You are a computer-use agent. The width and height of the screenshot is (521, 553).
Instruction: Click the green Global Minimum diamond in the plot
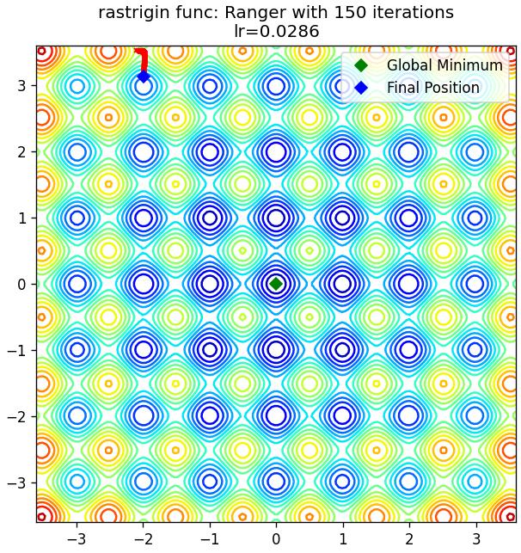click(276, 284)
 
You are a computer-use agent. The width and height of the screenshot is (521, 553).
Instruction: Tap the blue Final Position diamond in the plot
click(144, 77)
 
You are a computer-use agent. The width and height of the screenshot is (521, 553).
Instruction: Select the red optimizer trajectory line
click(143, 61)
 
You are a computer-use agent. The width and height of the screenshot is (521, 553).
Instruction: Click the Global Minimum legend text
click(444, 65)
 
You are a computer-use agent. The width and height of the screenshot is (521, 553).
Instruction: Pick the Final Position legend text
click(433, 88)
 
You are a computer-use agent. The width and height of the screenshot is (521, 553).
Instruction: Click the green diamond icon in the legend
click(361, 65)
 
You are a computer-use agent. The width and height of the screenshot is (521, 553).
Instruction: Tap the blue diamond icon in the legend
click(361, 88)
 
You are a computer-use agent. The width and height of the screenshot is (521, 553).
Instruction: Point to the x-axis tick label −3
click(77, 539)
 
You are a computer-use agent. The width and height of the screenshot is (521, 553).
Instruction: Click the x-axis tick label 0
click(276, 539)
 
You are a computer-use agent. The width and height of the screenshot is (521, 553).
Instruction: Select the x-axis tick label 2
click(408, 539)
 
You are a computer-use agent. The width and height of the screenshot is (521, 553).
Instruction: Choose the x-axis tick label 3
click(475, 539)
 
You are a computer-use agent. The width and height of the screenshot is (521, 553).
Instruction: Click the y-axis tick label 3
click(21, 85)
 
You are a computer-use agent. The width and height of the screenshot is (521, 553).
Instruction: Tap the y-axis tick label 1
click(21, 218)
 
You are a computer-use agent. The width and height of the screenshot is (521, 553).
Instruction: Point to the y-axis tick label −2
click(17, 416)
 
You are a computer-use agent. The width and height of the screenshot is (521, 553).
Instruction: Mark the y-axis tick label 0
click(21, 284)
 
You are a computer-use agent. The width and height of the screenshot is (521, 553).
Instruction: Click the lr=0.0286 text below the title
click(277, 31)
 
